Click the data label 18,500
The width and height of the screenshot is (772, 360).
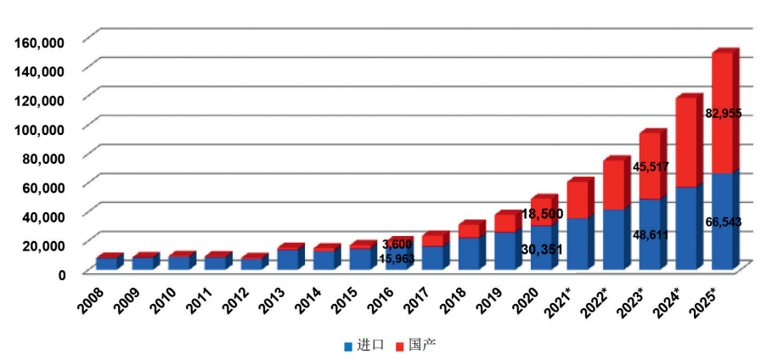[541, 213]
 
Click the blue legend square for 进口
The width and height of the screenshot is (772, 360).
[348, 346]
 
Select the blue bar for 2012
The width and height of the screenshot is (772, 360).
[251, 264]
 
